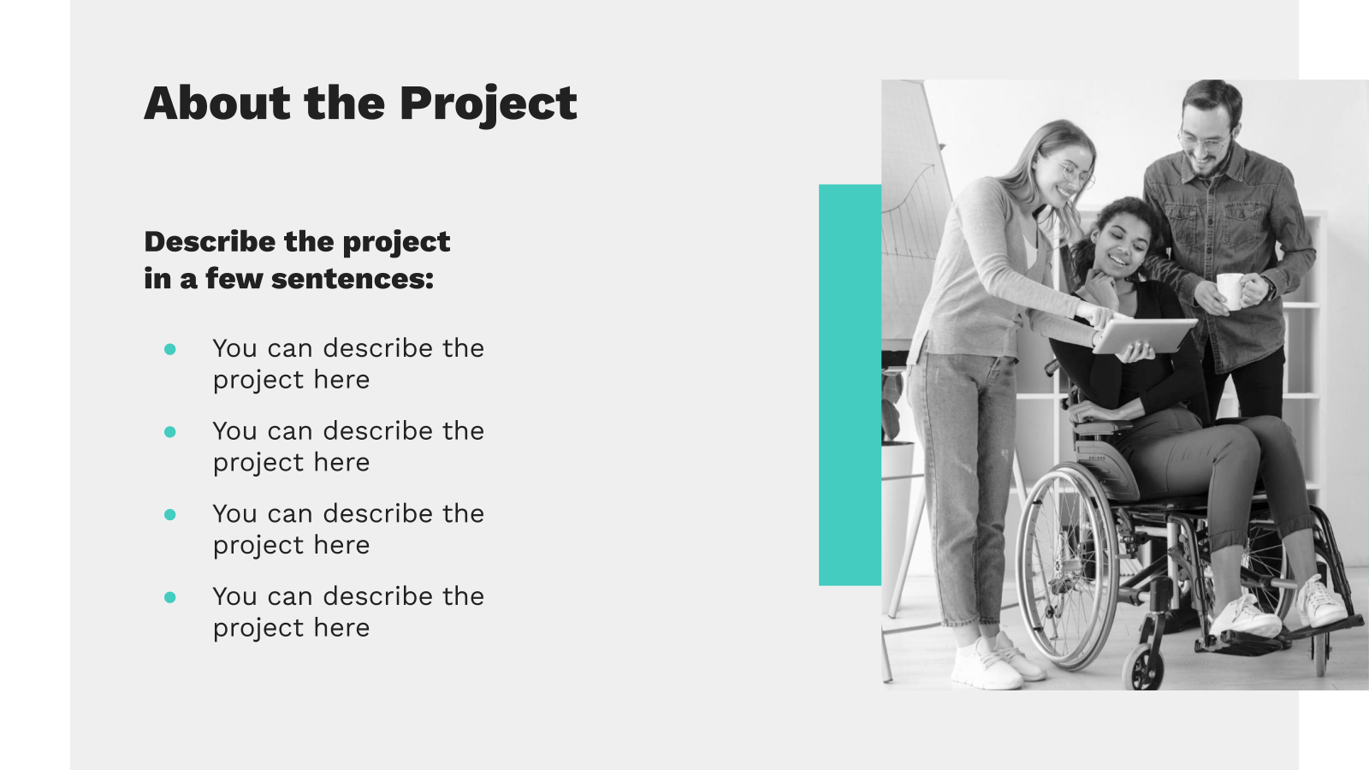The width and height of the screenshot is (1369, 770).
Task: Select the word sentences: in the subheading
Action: (x=353, y=279)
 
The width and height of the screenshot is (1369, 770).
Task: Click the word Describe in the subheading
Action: (x=210, y=241)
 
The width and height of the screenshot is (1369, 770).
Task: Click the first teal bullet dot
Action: (x=170, y=349)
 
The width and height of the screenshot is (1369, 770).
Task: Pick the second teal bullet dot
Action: (x=170, y=432)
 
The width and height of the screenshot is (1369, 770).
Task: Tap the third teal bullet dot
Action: (x=170, y=514)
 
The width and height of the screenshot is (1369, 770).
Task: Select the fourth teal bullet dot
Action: (x=170, y=597)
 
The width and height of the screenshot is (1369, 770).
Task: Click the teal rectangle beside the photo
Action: (x=850, y=385)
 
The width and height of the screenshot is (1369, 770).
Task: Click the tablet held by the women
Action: (x=1144, y=335)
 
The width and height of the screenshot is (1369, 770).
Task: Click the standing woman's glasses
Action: (x=1073, y=172)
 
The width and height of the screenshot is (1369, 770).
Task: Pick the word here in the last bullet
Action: (x=341, y=628)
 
